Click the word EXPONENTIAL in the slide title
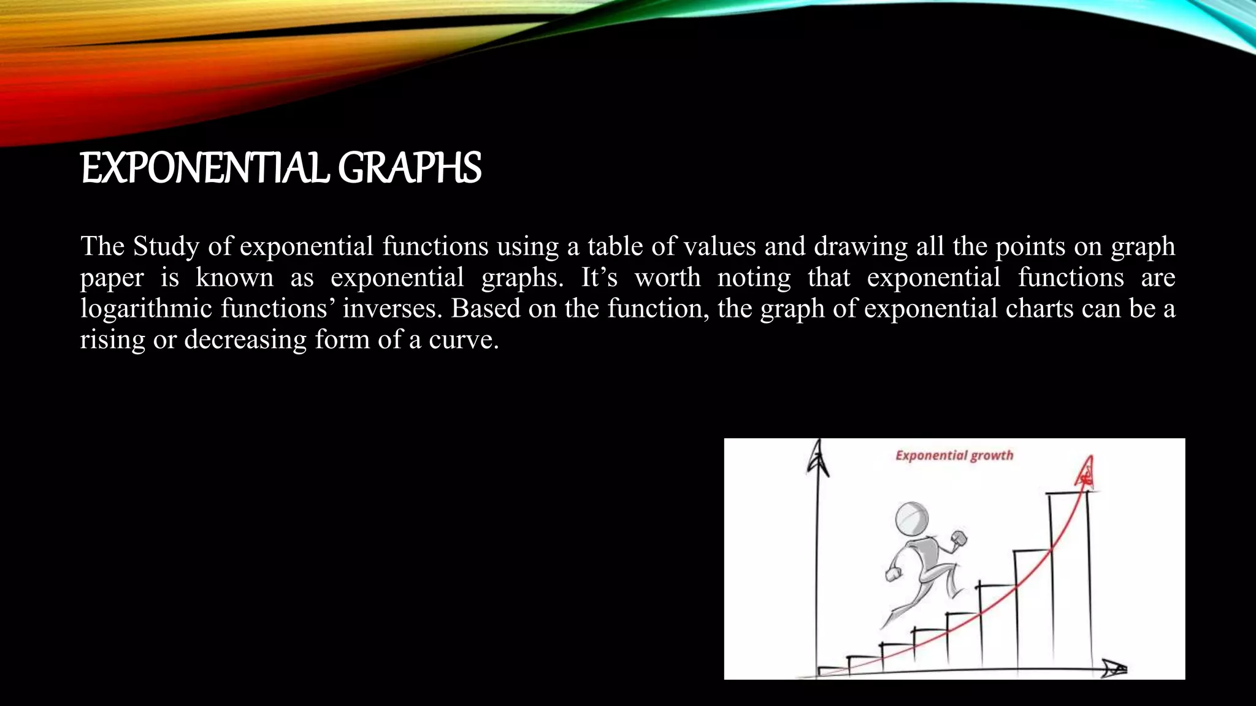(205, 169)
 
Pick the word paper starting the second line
(112, 278)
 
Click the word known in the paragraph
(234, 277)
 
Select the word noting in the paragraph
(754, 278)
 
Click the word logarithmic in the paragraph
(146, 309)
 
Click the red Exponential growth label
(954, 455)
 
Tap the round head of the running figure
(912, 519)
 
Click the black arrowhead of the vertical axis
(817, 460)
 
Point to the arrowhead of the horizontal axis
(1114, 669)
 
